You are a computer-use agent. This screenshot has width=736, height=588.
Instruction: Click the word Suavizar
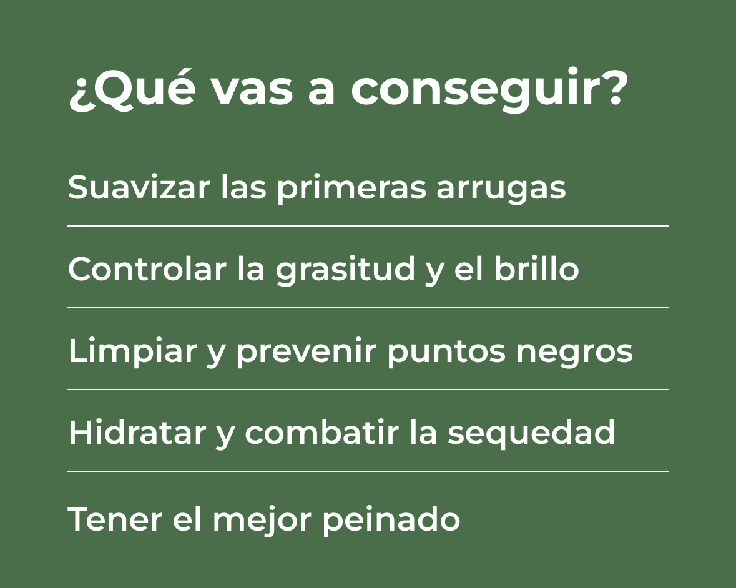[139, 187]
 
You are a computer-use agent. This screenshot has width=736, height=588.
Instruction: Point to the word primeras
[351, 189]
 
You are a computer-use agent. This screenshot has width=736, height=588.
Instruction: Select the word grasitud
[345, 271]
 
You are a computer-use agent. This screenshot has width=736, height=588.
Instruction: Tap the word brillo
[536, 269]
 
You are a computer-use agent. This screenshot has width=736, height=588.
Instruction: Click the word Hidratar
[137, 432]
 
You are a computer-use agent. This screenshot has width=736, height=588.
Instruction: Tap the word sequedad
[531, 434]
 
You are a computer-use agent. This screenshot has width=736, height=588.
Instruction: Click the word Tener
[115, 519]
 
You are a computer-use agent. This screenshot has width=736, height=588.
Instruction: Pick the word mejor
[262, 521]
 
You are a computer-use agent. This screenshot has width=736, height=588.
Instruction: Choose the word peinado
[391, 520]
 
